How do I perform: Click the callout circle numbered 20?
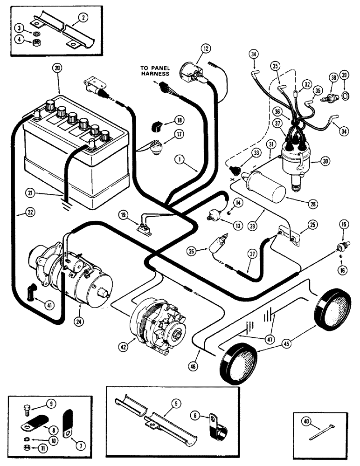tap(56, 67)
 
